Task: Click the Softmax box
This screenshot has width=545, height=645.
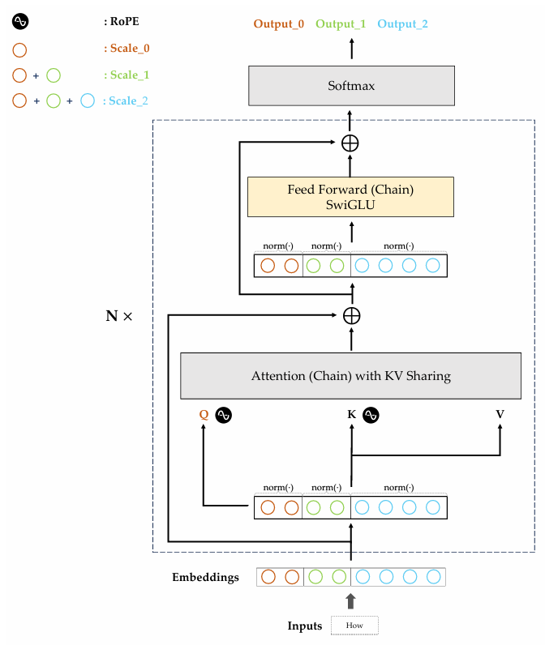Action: point(350,86)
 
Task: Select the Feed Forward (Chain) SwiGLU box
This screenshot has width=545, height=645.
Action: point(350,197)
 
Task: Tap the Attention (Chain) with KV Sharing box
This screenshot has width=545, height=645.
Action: point(350,376)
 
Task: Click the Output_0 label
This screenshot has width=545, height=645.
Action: point(278,23)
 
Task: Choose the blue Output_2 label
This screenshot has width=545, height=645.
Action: point(402,23)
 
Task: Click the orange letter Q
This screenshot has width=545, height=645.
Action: point(204,415)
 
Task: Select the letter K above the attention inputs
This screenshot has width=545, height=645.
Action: point(351,415)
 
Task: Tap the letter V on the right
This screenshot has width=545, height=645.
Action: point(500,415)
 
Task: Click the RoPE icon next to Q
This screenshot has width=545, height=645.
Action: point(224,415)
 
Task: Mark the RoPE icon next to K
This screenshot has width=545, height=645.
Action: point(371,415)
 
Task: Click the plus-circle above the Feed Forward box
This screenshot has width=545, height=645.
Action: point(350,143)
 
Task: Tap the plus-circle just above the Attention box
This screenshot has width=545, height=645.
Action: point(350,315)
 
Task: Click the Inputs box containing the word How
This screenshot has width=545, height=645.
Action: point(354,626)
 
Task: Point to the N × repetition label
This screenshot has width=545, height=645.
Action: point(118,315)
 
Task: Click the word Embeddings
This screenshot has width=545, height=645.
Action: point(205,578)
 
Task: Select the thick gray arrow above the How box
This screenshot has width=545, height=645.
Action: point(350,600)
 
